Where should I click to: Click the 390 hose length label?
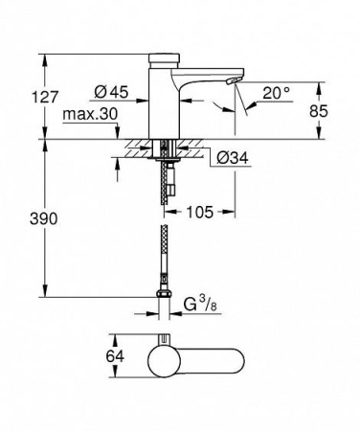click(x=22, y=219)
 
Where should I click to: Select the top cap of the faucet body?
click(x=164, y=62)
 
